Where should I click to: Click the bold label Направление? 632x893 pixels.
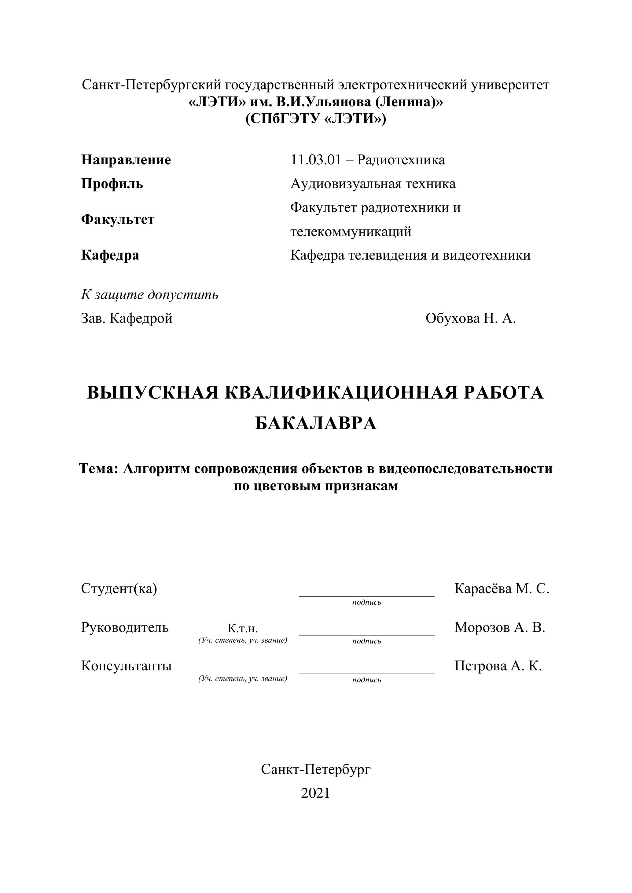126,160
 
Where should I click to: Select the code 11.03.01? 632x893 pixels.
316,160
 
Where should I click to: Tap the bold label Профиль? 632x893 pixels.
112,184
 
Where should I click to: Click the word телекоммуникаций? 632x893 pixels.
351,232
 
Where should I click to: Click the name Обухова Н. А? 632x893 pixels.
471,319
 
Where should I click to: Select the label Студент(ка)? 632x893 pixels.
119,589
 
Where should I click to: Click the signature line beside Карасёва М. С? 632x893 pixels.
367,595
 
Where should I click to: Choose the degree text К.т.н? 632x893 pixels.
242,629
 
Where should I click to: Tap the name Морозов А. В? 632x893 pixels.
500,627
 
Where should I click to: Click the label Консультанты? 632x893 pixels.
127,666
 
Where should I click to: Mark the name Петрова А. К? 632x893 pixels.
498,666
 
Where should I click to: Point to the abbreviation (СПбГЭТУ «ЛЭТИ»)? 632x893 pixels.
316,118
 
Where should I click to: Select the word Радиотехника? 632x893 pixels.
401,160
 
